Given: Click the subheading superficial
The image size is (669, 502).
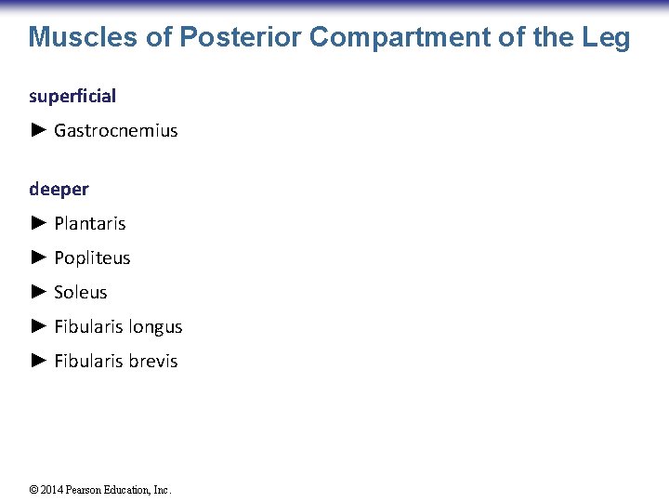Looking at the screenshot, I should [x=72, y=96].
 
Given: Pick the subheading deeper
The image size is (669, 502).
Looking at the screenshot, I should [x=59, y=189].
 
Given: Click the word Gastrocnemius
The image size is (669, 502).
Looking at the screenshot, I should [x=115, y=130].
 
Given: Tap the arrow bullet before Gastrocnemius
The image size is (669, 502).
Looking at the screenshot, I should [x=38, y=130].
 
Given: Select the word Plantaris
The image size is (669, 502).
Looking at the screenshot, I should [x=89, y=223].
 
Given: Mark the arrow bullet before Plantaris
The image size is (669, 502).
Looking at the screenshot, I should [x=38, y=223].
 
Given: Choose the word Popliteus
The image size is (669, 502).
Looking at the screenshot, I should [x=92, y=258].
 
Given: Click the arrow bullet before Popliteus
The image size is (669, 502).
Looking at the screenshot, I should [x=38, y=258].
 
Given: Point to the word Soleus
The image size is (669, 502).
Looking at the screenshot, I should [x=81, y=292].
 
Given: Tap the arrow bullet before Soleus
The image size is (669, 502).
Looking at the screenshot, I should [x=38, y=292].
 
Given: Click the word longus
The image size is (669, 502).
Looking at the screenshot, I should [x=156, y=326].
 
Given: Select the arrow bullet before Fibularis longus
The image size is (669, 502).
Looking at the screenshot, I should [x=38, y=326].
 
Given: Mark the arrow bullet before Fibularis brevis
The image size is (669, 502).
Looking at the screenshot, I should [x=38, y=361].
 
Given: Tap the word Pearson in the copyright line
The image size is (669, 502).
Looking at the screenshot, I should [x=86, y=490].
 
